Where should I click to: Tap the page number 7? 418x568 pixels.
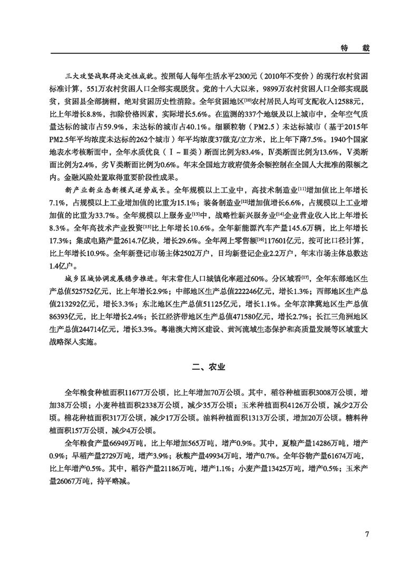366,534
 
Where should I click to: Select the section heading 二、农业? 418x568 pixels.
208,366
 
